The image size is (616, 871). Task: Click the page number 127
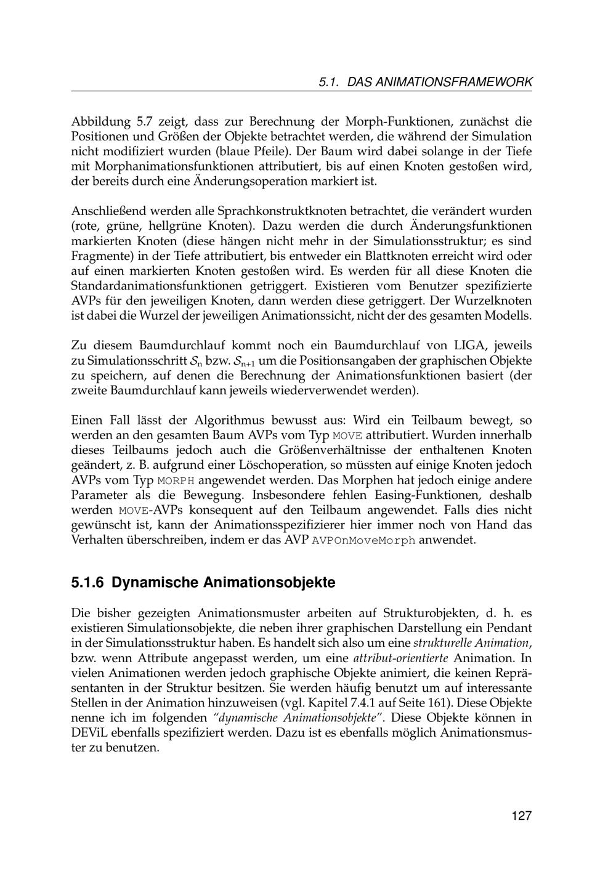521,816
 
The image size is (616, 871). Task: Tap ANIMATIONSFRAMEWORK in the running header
440,82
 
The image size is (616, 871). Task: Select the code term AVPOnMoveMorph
364,541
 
